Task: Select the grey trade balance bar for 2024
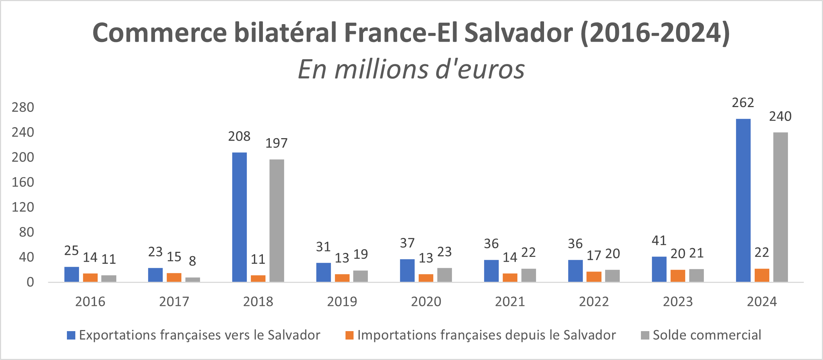780,207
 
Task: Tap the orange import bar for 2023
677,276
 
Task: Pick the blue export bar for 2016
72,274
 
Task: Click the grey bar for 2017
193,280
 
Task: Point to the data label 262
743,103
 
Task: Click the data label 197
276,143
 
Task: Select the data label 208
239,136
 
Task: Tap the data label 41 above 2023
659,241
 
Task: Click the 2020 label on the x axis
426,302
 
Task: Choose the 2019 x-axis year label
342,302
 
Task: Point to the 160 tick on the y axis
23,182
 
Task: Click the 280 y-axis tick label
23,107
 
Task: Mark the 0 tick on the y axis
30,282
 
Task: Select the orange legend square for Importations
350,335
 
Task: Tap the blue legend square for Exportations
71,335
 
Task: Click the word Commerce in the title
159,33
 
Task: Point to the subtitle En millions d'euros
411,69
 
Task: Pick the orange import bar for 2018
258,278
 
